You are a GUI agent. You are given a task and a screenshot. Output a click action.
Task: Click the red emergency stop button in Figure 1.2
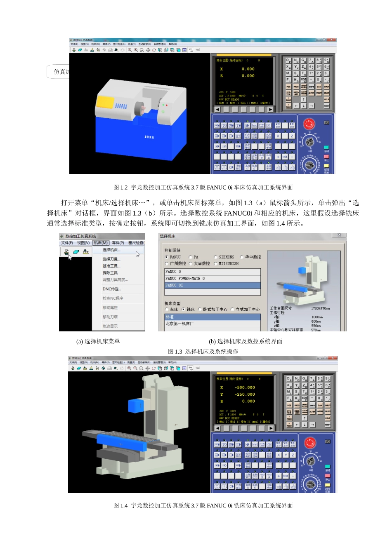coord(309,124)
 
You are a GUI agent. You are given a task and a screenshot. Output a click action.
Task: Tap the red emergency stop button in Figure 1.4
coord(310,443)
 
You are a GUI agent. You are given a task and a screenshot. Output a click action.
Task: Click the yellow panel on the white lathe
coord(105,102)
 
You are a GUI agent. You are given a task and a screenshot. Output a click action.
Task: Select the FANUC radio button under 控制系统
coord(167,257)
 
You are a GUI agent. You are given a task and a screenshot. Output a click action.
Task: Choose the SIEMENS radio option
coord(215,257)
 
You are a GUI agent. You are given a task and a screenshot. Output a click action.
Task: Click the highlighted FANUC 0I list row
coord(212,285)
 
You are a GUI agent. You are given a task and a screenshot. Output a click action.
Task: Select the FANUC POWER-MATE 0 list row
coord(212,278)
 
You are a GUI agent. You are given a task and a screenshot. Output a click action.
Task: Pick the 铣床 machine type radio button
coord(184,309)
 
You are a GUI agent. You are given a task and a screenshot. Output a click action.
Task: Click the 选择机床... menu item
coord(111,250)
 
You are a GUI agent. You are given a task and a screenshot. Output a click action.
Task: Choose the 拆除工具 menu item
coord(110,273)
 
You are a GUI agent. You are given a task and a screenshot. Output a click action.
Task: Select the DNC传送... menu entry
coord(112,289)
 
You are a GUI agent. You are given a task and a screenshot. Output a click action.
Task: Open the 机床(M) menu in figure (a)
coord(100,243)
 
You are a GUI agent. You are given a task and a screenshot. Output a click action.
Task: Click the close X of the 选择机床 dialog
coord(339,235)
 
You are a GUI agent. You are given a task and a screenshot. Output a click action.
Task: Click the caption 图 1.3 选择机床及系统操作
coord(203,352)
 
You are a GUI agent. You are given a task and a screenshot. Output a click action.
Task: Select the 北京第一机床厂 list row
coord(212,324)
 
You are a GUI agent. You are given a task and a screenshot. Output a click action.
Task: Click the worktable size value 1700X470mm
coord(320,308)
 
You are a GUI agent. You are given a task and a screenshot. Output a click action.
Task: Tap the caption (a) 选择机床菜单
coord(98,341)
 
